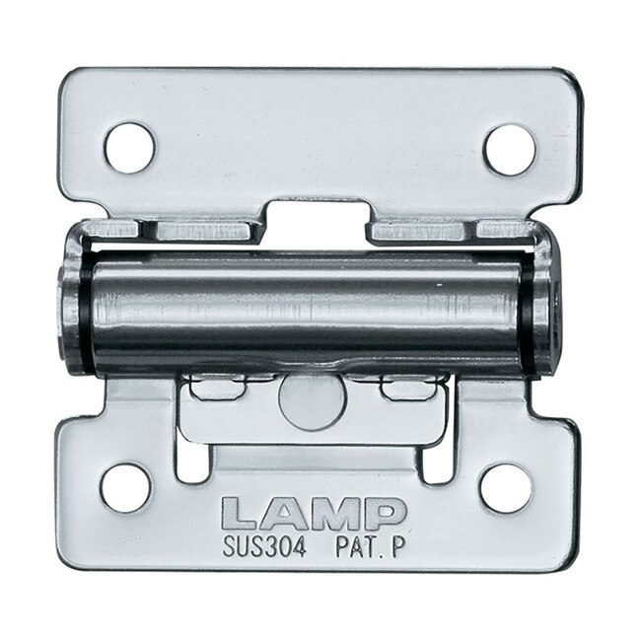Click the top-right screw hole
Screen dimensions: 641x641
(x=509, y=146)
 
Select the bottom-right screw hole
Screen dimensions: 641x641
(x=505, y=486)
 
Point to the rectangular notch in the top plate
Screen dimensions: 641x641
(x=314, y=215)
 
